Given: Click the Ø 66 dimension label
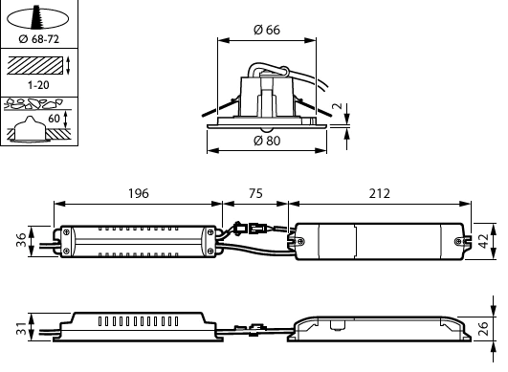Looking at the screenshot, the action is point(267,30).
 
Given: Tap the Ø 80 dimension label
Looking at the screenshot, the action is point(267,141).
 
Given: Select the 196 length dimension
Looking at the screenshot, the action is point(139,193).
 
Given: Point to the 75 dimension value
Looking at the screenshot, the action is point(255,193).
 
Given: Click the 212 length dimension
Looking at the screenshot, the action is point(380,193).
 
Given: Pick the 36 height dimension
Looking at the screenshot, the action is point(21,240).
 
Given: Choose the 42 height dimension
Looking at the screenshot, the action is point(483,241).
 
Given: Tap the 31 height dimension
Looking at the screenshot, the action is point(21,328).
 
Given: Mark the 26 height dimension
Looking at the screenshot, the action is point(483,328).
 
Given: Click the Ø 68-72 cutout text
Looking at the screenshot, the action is point(39,39).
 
